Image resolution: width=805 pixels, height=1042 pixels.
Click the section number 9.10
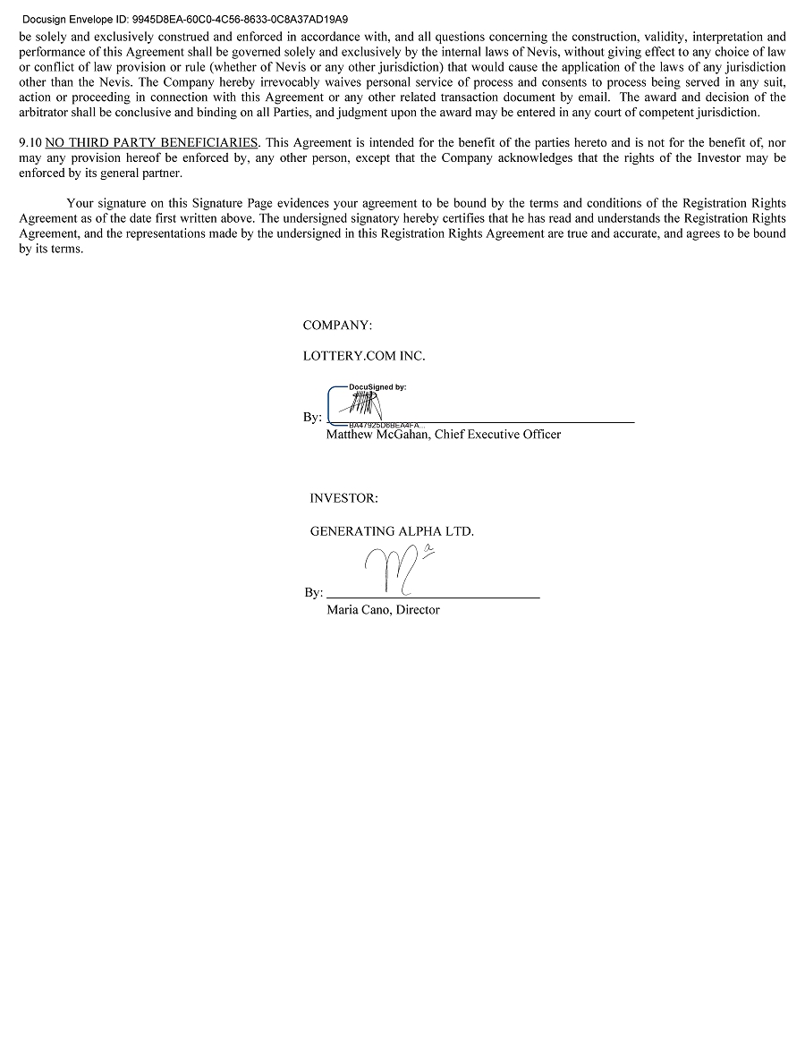[30, 143]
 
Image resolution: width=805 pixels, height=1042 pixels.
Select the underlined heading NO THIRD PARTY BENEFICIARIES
[151, 143]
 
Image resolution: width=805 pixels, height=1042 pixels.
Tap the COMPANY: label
[337, 326]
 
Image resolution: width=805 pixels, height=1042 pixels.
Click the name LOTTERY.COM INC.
[364, 356]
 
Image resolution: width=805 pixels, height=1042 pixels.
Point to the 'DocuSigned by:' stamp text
[377, 387]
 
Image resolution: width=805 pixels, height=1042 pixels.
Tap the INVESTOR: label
[343, 498]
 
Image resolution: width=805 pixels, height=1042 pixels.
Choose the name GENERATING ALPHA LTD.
[392, 531]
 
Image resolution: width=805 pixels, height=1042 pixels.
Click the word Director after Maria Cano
[418, 610]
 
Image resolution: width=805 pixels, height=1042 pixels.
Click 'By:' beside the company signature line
[312, 418]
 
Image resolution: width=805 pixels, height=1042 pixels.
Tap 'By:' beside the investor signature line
[313, 593]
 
